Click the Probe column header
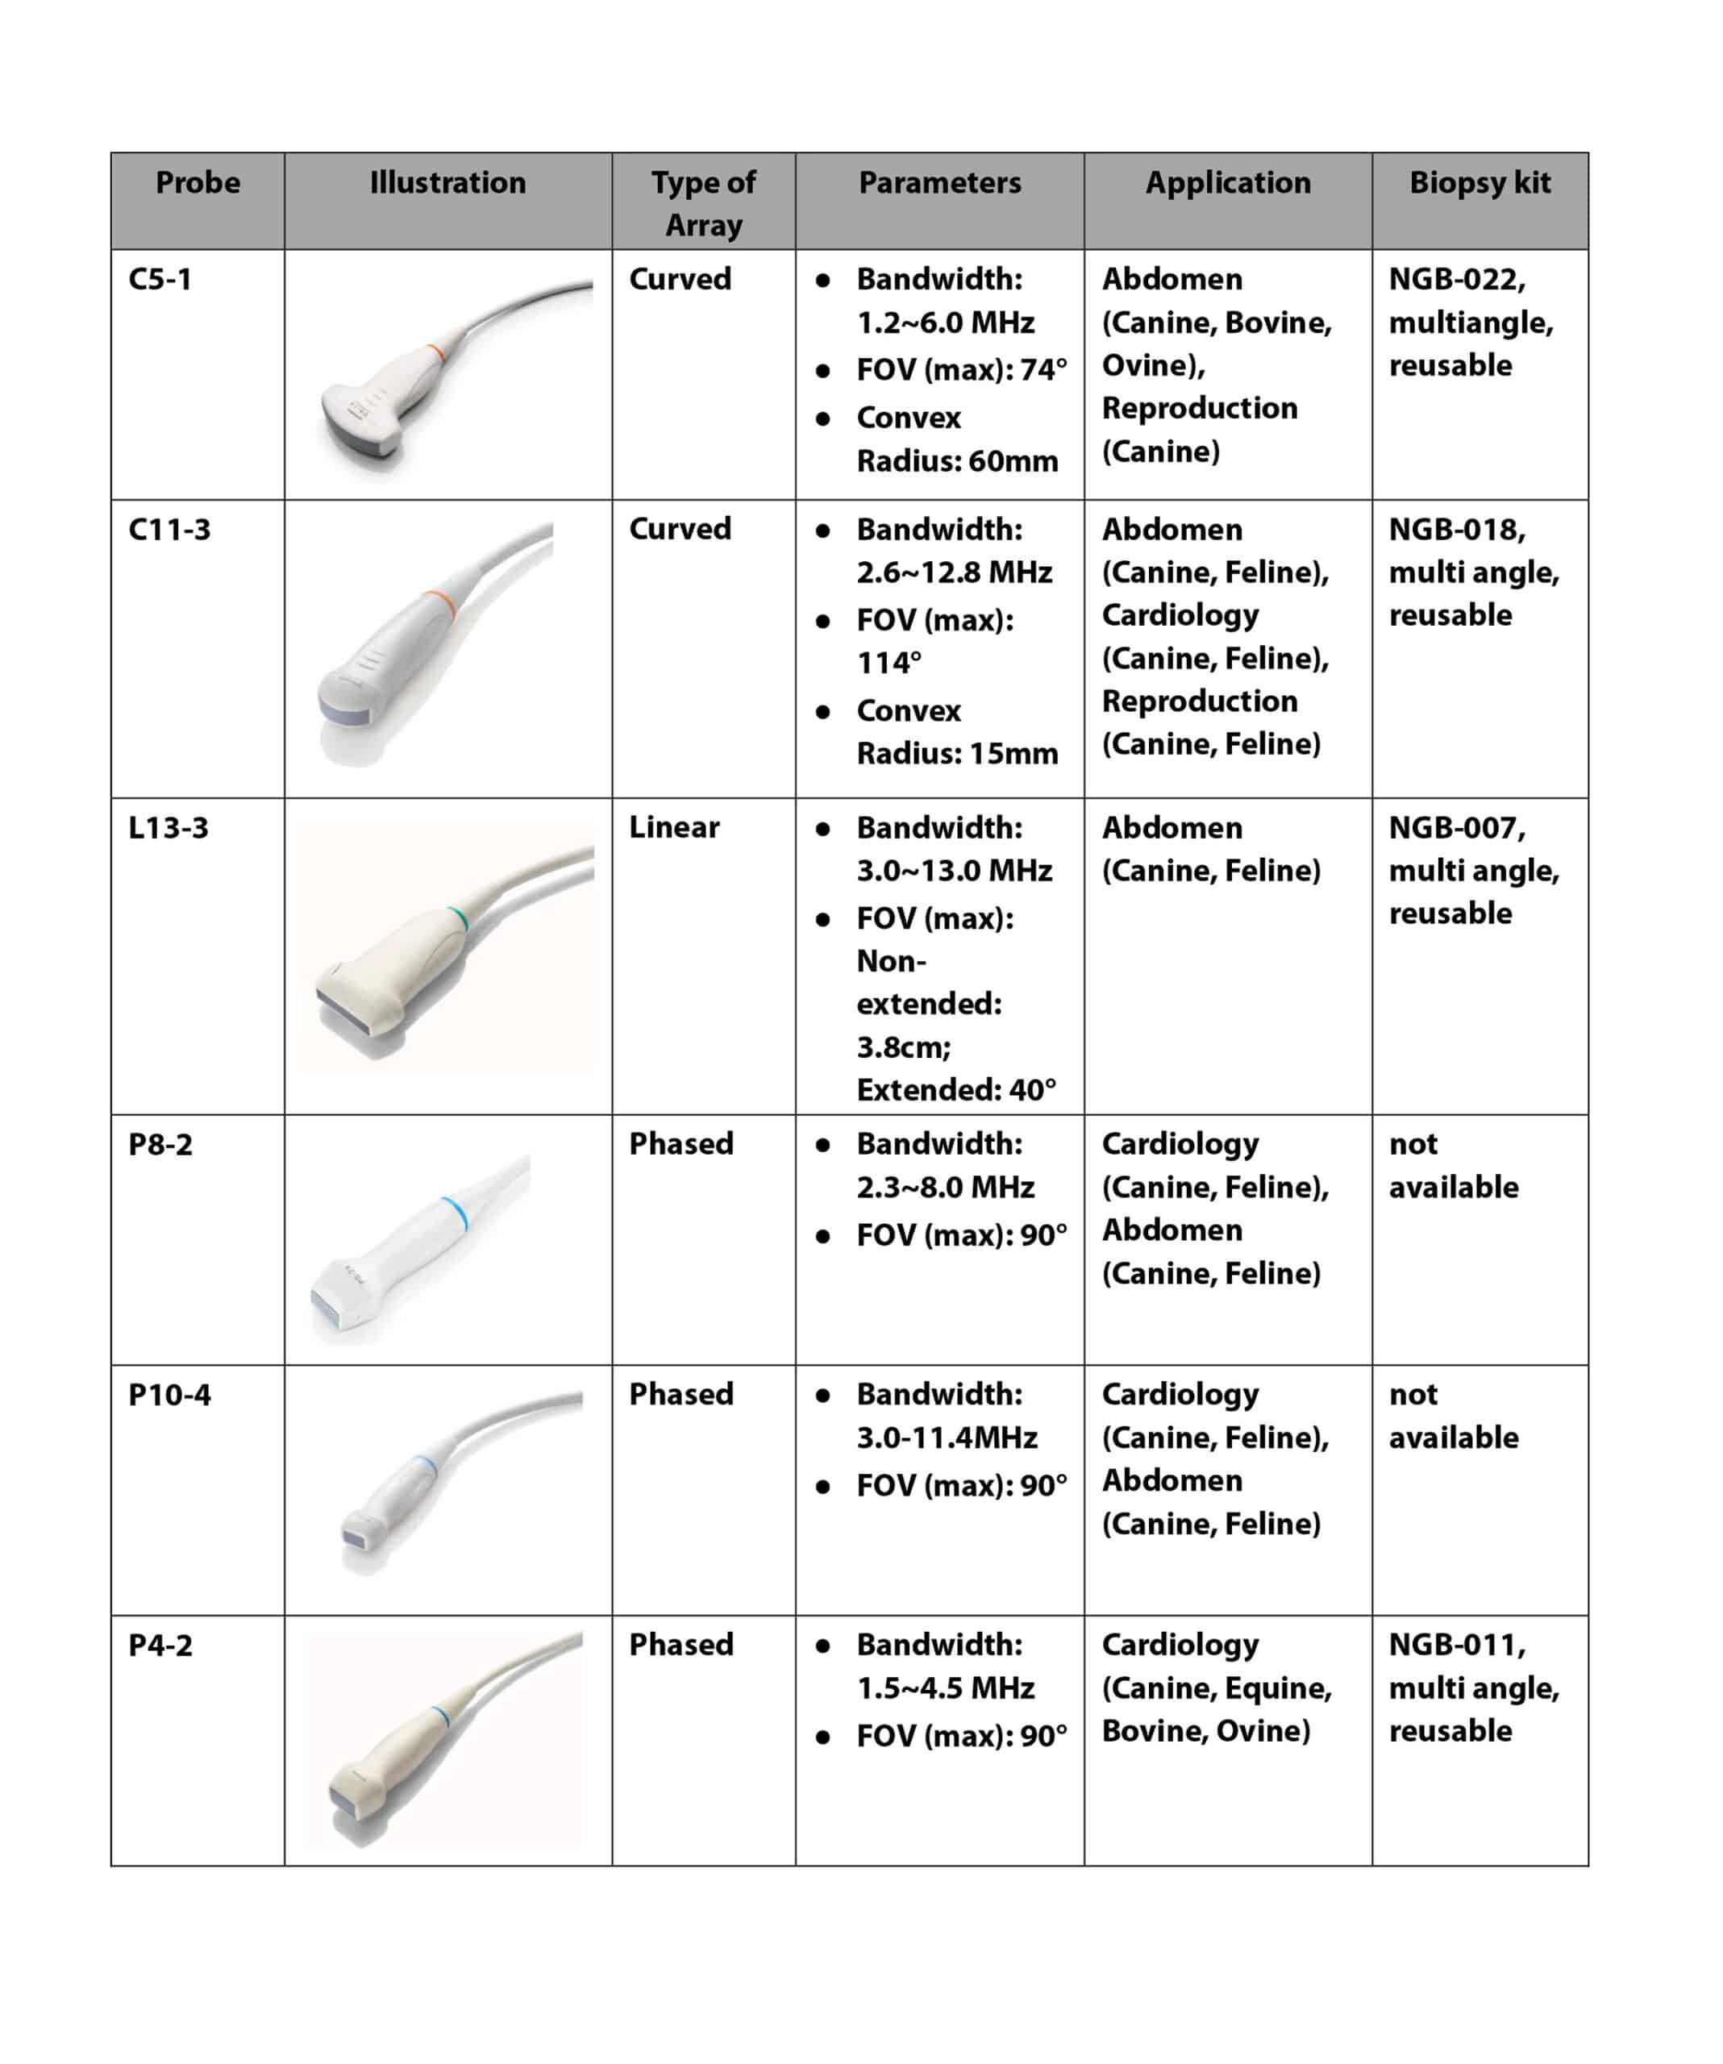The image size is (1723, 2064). click(198, 183)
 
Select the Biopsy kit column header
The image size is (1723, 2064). click(1480, 183)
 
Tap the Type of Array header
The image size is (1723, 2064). click(703, 202)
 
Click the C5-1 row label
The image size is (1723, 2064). click(160, 279)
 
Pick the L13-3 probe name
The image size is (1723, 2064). click(168, 827)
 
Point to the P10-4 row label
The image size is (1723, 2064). click(169, 1395)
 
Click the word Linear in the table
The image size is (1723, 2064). click(674, 827)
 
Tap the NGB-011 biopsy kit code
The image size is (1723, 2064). click(1455, 1644)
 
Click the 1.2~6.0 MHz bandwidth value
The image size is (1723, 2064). click(946, 322)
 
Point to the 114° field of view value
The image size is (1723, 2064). click(889, 664)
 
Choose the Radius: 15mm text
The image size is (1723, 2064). click(957, 754)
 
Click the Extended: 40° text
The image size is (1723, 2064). click(956, 1090)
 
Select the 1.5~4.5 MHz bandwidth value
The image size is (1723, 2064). click(946, 1687)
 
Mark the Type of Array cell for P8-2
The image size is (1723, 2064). click(681, 1144)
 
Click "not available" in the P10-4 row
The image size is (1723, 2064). click(1453, 1417)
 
